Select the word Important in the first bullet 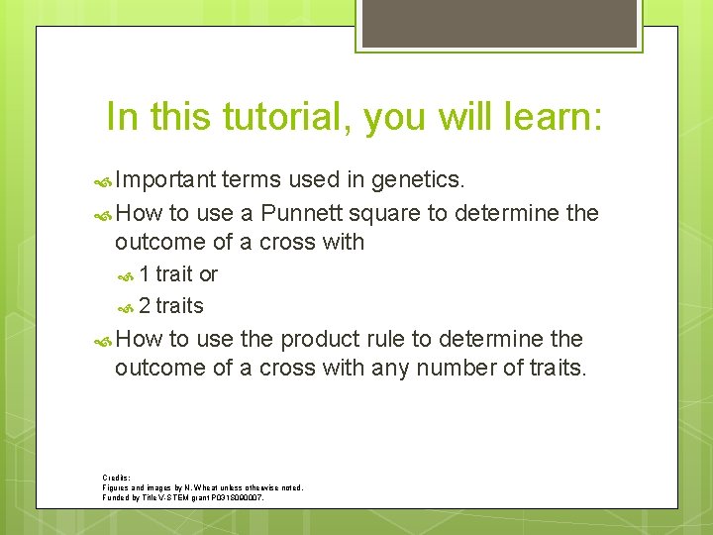coord(164,179)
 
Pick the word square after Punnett coord(372,214)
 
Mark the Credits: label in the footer coord(117,478)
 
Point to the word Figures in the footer coord(118,487)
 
